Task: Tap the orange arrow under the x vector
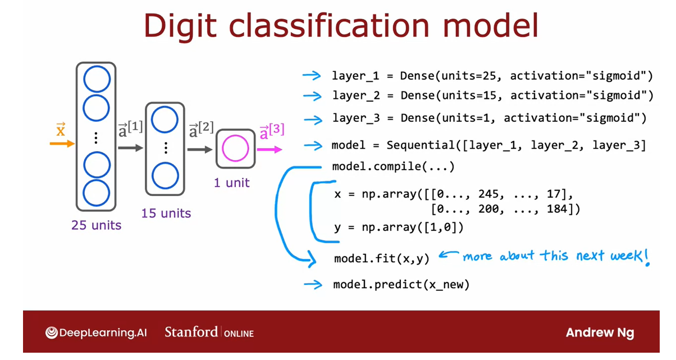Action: pos(62,144)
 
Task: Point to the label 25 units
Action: pos(96,225)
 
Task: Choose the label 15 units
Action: pos(166,213)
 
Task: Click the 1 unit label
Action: pos(231,183)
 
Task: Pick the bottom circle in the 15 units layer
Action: pos(165,176)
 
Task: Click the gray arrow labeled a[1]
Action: pos(131,148)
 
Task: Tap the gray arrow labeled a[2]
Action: pos(201,149)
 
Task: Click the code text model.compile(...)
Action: pos(393,167)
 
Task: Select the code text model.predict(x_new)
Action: pos(401,285)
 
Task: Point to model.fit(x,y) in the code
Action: pos(381,258)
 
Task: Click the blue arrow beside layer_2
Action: pos(312,96)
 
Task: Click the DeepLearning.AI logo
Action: pos(96,332)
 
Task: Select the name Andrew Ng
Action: pos(600,332)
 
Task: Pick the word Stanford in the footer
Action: pos(191,332)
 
